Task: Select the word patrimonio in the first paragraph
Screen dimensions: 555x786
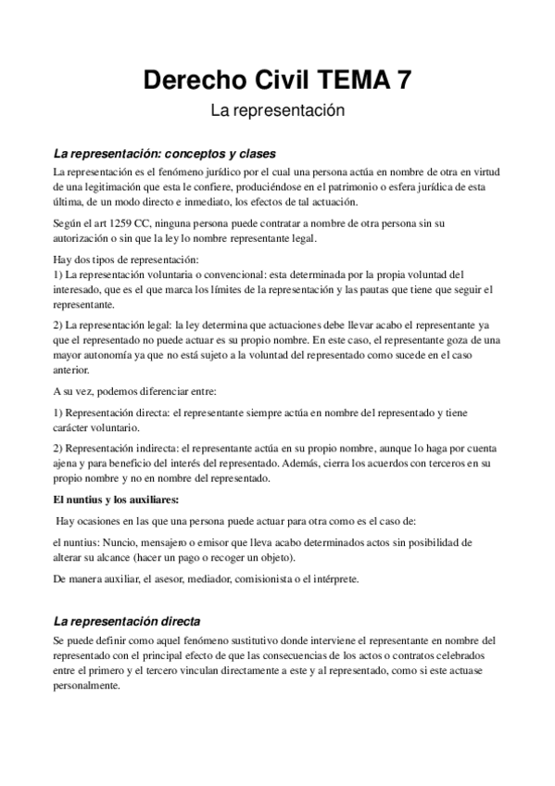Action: pos(348,188)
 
